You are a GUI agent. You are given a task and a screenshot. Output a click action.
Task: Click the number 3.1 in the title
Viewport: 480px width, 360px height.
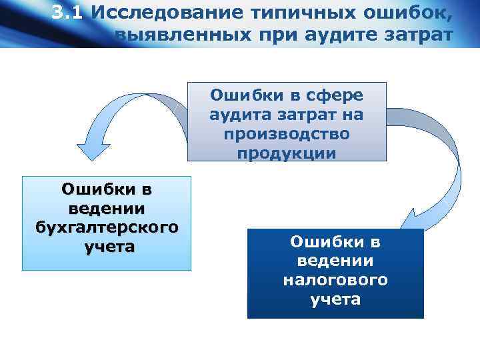pyautogui.click(x=68, y=13)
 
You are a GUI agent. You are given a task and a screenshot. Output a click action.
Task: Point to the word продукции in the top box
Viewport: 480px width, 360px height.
pyautogui.click(x=287, y=153)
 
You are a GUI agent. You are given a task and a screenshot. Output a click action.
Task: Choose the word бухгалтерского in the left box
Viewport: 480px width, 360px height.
pyautogui.click(x=107, y=227)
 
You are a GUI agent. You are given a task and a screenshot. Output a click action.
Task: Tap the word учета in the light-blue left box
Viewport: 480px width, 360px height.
pyautogui.click(x=107, y=247)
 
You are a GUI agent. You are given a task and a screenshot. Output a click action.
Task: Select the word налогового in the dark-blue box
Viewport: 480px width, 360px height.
pyautogui.click(x=335, y=280)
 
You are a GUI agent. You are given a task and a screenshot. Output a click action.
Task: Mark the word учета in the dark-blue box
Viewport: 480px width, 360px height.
pyautogui.click(x=335, y=299)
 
